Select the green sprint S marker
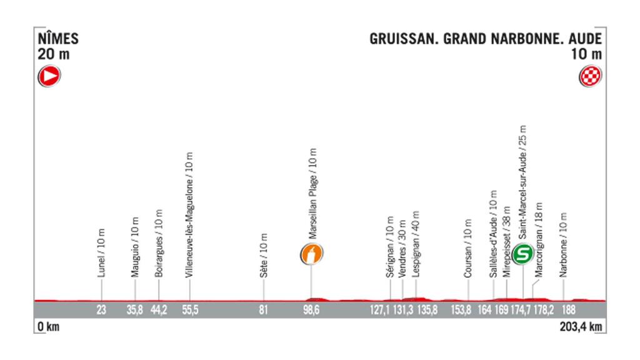[522, 254]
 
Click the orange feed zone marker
[312, 254]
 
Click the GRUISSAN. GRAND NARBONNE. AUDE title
[486, 39]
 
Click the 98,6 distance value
[311, 309]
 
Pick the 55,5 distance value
[190, 309]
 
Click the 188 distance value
[564, 309]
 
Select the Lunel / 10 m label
[102, 253]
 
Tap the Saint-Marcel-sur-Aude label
[522, 190]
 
